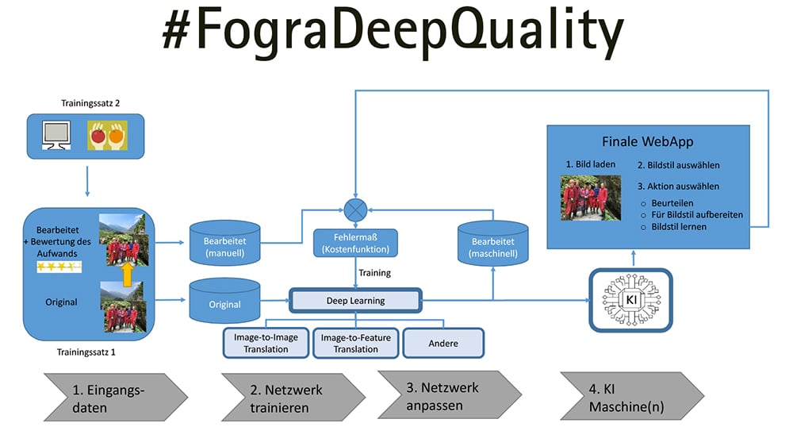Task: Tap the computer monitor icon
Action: coord(56,136)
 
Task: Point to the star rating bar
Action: coord(59,267)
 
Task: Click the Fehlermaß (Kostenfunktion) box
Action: coord(355,243)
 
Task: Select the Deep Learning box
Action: coord(355,301)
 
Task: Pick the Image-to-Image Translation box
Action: coord(266,343)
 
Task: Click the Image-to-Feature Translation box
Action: coord(355,343)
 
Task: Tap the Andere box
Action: coord(442,343)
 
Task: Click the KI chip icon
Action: coord(630,301)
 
